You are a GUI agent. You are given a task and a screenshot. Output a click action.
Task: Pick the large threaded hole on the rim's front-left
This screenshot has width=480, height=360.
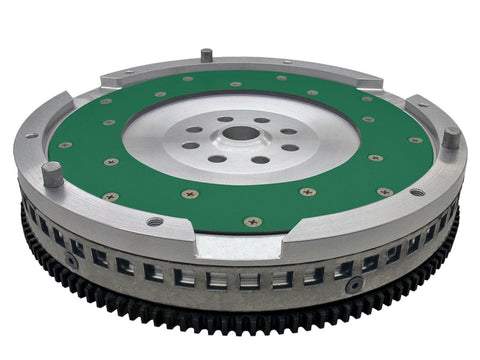point(153,221)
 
